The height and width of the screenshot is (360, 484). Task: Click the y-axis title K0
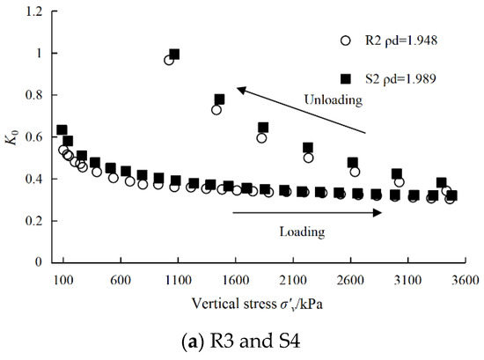[12, 137]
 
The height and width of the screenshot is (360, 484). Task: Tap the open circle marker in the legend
[347, 40]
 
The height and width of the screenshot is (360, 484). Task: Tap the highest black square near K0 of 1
[174, 55]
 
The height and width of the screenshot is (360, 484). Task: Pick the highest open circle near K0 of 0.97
[169, 60]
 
